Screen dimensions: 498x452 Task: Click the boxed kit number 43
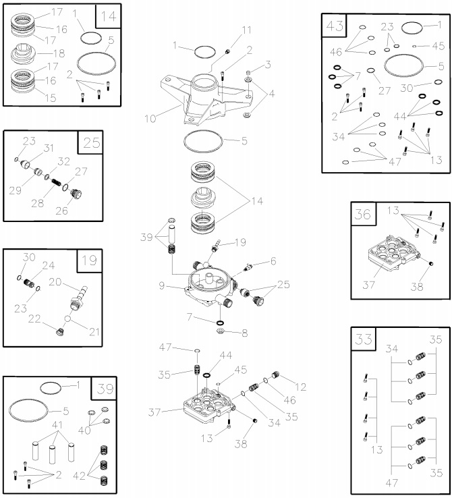point(335,26)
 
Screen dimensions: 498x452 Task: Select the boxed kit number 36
point(363,215)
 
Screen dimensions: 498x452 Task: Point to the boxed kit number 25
point(91,143)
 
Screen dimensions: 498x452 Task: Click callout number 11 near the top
point(246,30)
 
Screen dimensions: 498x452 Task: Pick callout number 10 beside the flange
point(150,117)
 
